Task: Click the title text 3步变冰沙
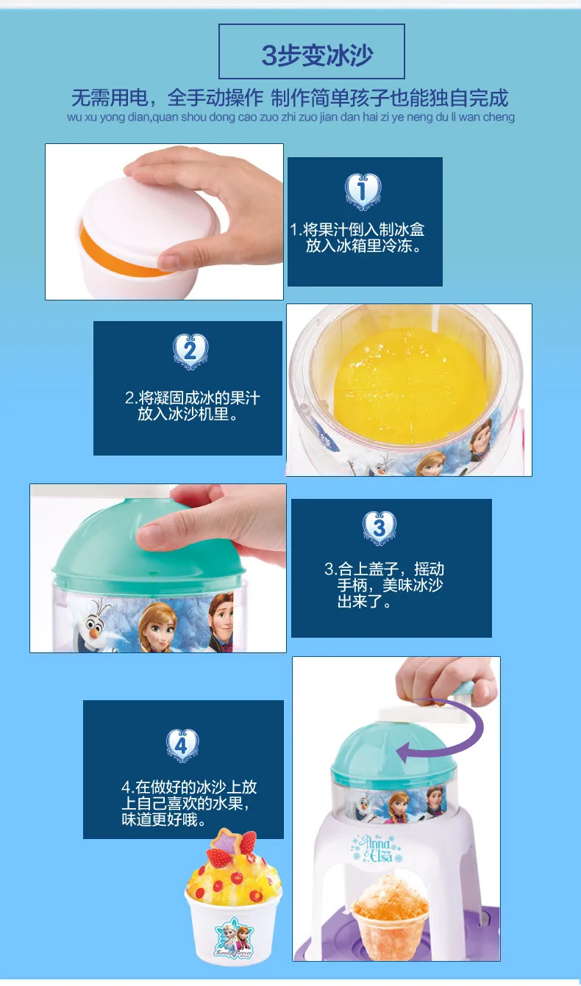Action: [317, 55]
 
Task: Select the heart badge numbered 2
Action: [190, 351]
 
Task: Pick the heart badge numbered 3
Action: [379, 528]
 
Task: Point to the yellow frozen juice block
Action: [410, 386]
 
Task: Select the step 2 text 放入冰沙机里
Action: [188, 414]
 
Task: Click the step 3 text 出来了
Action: [364, 601]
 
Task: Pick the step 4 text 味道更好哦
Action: [164, 820]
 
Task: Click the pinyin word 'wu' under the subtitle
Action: [74, 118]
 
